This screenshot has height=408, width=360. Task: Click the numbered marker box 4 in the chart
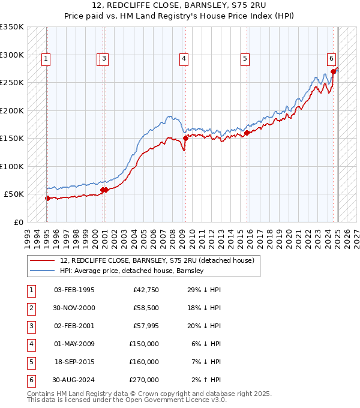[x=183, y=58]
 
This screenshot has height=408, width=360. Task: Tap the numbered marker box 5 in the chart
[x=245, y=58]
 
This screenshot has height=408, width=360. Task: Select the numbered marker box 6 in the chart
[x=331, y=58]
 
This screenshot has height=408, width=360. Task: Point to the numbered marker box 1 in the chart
[x=46, y=58]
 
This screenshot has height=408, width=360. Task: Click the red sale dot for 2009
[x=185, y=137]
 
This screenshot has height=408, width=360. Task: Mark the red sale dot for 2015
[x=247, y=133]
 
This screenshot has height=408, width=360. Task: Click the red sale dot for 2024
[x=334, y=71]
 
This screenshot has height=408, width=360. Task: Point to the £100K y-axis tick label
[x=11, y=166]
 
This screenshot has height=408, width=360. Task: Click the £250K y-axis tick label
[x=11, y=83]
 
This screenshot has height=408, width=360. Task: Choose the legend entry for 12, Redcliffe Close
[x=157, y=260]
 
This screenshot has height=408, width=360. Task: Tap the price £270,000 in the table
[x=144, y=380]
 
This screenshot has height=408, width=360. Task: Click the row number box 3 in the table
[x=31, y=326]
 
